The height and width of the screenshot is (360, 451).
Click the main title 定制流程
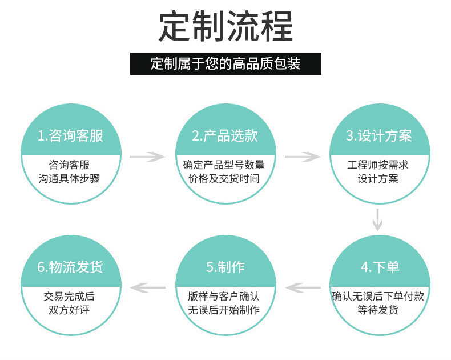pyautogui.click(x=226, y=26)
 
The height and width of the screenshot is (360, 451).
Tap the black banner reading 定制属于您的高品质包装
pyautogui.click(x=226, y=63)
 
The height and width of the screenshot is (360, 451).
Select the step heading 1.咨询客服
pyautogui.click(x=70, y=135)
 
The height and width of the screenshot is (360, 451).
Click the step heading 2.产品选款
pyautogui.click(x=224, y=135)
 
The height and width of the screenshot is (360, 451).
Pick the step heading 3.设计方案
pyautogui.click(x=378, y=135)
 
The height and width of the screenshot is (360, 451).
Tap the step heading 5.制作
pyautogui.click(x=225, y=267)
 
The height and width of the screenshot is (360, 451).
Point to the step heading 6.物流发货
pyautogui.click(x=70, y=267)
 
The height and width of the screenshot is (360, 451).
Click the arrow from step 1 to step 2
pyautogui.click(x=147, y=155)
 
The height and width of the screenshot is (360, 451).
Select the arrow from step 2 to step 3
pyautogui.click(x=302, y=155)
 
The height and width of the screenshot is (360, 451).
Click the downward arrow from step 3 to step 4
pyautogui.click(x=377, y=219)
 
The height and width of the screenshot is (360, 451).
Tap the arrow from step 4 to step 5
pyautogui.click(x=303, y=287)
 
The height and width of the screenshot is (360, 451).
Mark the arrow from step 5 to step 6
pyautogui.click(x=148, y=287)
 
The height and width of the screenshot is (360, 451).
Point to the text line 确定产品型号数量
pyautogui.click(x=224, y=165)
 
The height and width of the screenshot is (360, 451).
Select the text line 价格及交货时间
pyautogui.click(x=224, y=178)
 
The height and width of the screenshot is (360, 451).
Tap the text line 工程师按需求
pyautogui.click(x=378, y=165)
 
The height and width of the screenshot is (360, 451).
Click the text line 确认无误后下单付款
pyautogui.click(x=378, y=297)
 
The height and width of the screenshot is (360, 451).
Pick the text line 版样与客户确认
pyautogui.click(x=224, y=297)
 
